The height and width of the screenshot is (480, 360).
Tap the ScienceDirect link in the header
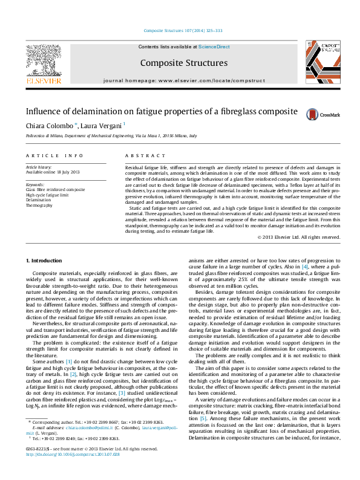(214, 47)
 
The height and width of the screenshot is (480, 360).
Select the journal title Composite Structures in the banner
(184, 63)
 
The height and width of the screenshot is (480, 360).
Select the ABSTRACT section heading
(141, 155)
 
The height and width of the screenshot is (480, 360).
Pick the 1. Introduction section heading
(45, 261)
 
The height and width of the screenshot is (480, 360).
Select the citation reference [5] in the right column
(203, 401)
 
